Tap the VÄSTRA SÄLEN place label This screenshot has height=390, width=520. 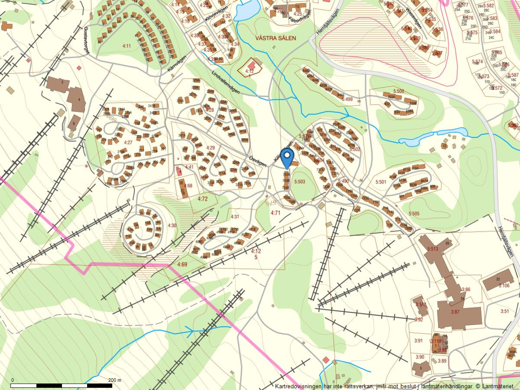click(x=276, y=38)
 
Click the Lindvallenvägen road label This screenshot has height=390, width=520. click(x=226, y=83)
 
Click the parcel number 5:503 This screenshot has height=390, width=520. click(x=299, y=181)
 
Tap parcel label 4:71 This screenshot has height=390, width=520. click(x=275, y=213)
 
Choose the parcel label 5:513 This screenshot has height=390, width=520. click(x=433, y=249)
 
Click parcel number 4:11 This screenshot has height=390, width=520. click(x=126, y=46)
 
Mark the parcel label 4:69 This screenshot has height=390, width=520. click(x=182, y=265)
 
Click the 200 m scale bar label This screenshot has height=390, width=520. click(x=114, y=380)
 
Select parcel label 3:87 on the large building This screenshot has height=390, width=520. click(x=455, y=312)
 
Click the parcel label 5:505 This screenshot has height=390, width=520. click(x=414, y=214)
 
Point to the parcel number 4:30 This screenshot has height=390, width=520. click(x=172, y=225)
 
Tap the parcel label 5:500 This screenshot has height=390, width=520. click(x=398, y=91)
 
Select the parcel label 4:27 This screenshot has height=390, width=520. click(x=128, y=142)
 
